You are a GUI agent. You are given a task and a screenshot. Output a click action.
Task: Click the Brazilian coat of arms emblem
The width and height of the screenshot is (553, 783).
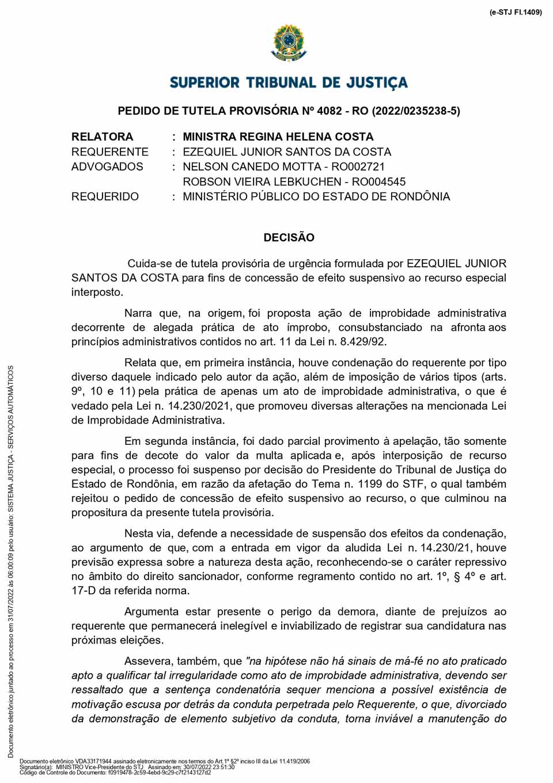pyautogui.click(x=289, y=43)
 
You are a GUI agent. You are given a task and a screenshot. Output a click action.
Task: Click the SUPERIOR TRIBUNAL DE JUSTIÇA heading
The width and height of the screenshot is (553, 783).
pyautogui.click(x=289, y=83)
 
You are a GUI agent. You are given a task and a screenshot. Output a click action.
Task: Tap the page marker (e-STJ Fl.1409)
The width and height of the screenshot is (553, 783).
pyautogui.click(x=516, y=12)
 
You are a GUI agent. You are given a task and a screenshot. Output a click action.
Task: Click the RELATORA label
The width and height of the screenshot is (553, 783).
pyautogui.click(x=102, y=137)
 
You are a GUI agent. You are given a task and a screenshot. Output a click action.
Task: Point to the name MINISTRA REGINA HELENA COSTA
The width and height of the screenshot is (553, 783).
pyautogui.click(x=278, y=137)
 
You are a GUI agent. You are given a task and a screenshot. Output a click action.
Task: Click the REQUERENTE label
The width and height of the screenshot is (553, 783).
pyautogui.click(x=109, y=152)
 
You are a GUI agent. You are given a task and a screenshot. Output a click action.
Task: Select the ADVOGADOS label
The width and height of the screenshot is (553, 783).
pyautogui.click(x=107, y=167)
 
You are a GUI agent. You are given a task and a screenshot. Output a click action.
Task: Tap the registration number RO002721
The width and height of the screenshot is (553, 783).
pyautogui.click(x=358, y=167)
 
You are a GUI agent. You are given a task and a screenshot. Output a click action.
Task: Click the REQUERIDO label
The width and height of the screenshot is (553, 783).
pyautogui.click(x=105, y=196)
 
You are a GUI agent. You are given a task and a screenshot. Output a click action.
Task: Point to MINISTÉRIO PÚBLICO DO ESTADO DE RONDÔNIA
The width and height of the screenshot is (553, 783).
pyautogui.click(x=316, y=196)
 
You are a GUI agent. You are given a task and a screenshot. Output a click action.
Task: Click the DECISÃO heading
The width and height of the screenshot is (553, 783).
pyautogui.click(x=289, y=237)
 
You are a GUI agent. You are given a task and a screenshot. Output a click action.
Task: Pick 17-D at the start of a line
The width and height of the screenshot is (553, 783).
pyautogui.click(x=84, y=591)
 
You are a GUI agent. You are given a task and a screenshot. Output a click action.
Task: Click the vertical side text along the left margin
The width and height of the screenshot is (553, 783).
pyautogui.click(x=10, y=562)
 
